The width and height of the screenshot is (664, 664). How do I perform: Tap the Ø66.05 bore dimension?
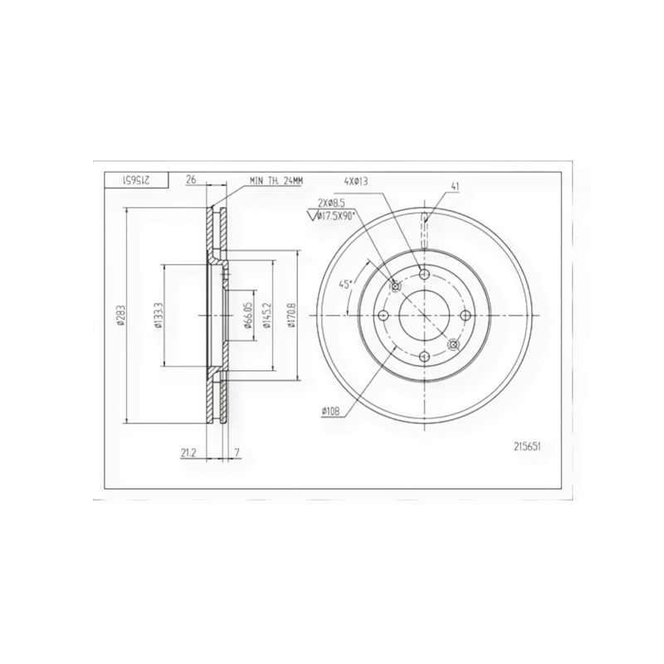pos(248,315)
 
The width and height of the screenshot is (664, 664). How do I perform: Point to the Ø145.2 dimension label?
pos(266,315)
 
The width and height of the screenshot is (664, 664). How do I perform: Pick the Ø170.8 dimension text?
pos(290,315)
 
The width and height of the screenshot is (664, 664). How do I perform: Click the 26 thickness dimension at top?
pos(191,180)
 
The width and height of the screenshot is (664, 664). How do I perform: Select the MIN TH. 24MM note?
pos(276,181)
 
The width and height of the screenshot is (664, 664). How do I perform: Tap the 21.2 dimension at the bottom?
pos(188,452)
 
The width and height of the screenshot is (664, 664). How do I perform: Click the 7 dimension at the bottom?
pos(237,452)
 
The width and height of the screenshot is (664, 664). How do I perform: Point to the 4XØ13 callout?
pos(356,181)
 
